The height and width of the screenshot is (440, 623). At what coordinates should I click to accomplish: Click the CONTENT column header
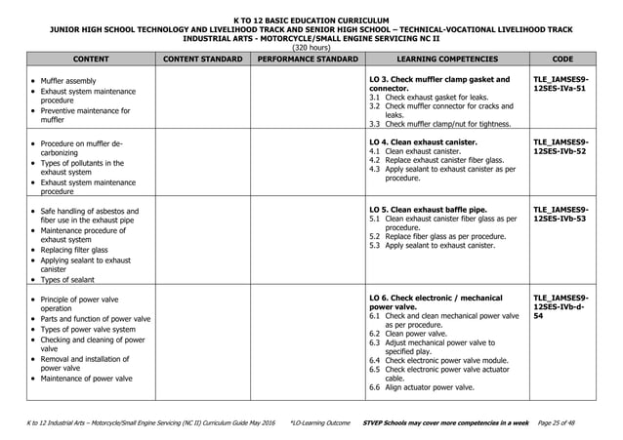[89, 59]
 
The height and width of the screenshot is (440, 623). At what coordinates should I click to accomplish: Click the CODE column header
[562, 59]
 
